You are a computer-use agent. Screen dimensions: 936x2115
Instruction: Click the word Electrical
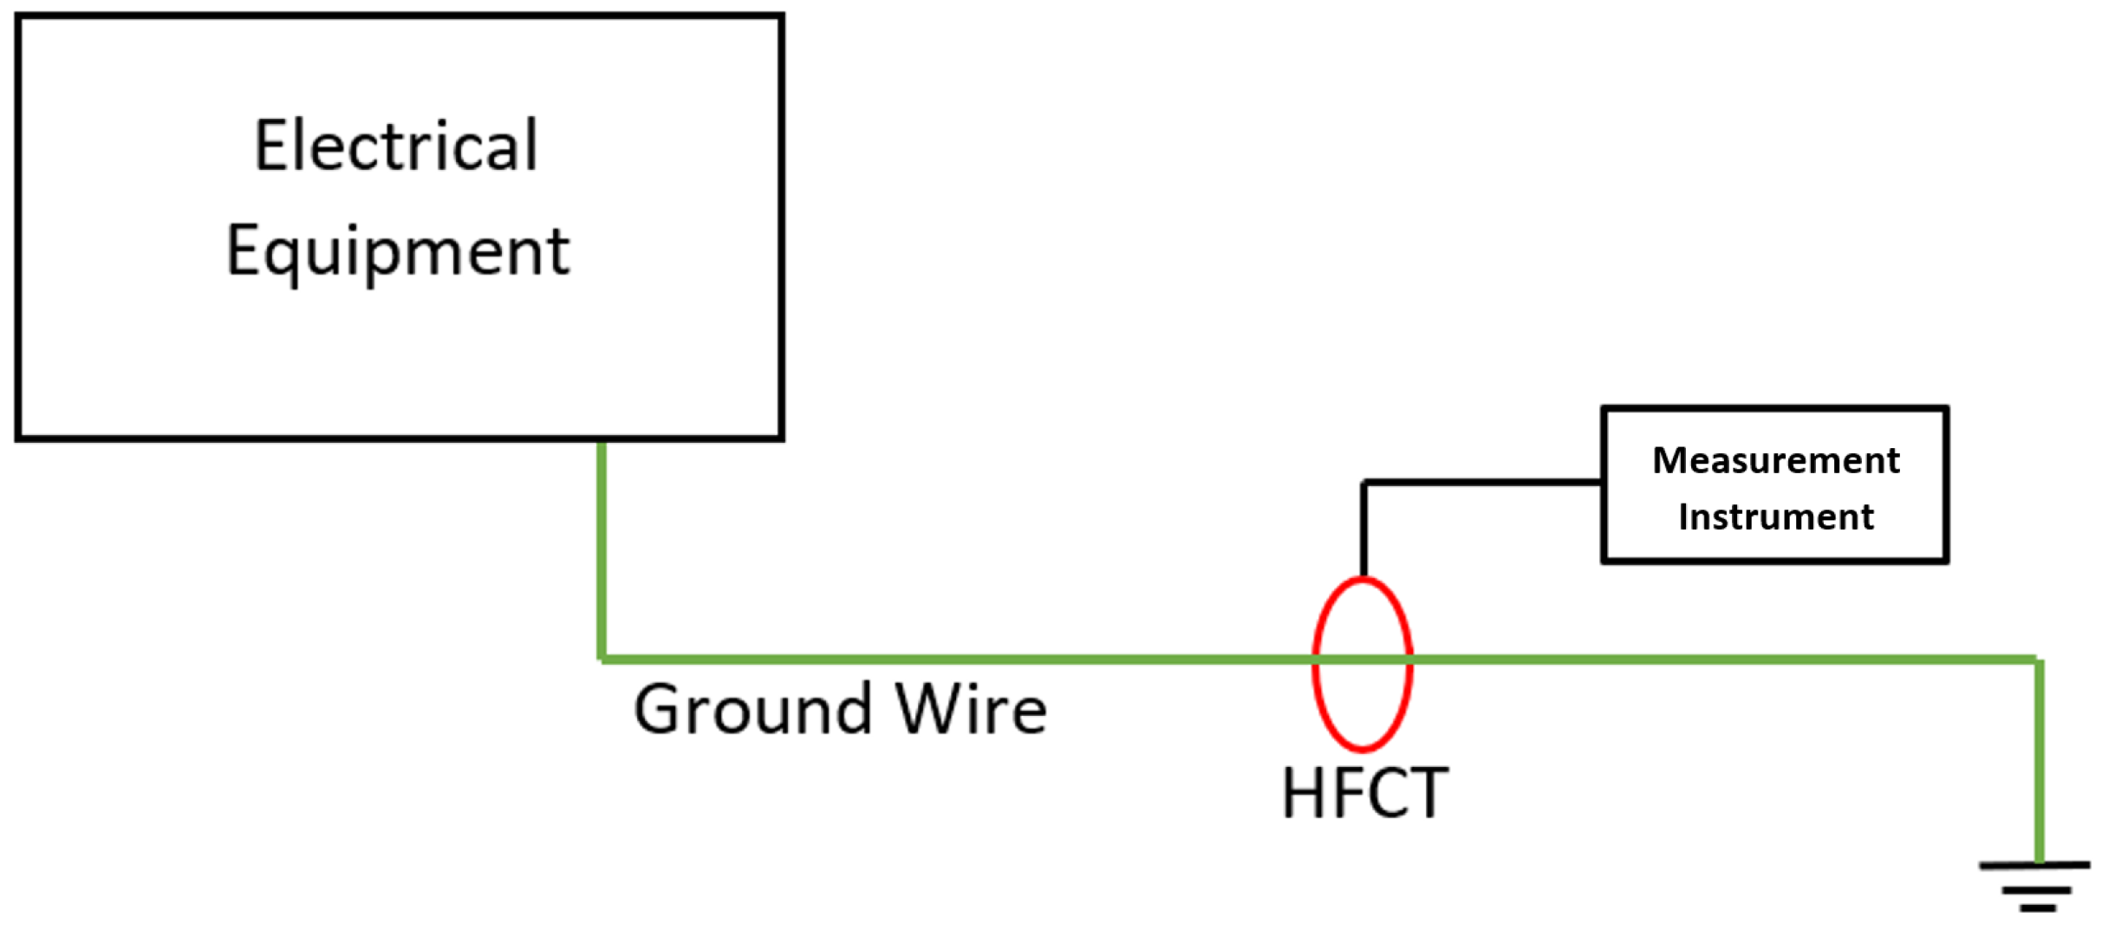pos(396,146)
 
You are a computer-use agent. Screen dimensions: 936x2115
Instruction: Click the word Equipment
pos(398,251)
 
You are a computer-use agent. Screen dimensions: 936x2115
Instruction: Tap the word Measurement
pos(1775,460)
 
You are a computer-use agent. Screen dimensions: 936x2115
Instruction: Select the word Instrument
pos(1775,517)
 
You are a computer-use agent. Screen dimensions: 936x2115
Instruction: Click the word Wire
pos(971,710)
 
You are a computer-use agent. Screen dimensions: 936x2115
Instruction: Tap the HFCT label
pos(1364,793)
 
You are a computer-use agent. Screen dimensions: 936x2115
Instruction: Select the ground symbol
pos(2036,886)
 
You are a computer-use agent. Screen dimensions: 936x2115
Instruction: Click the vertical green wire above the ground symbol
pos(2040,763)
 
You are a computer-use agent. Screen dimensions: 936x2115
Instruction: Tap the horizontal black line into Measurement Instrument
pos(1482,482)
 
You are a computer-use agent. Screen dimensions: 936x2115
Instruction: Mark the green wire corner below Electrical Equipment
pos(602,660)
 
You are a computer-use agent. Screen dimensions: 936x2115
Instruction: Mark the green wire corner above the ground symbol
pos(2040,660)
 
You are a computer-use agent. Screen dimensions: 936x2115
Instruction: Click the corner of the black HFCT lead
pos(1364,482)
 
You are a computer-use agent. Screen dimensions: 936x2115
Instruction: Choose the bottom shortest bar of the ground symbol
pos(2037,908)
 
